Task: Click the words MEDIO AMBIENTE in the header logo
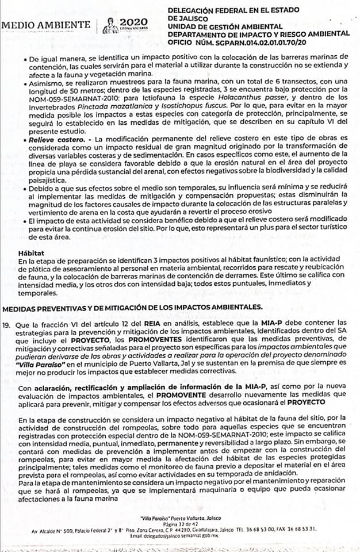[46, 25]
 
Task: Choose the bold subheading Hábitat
[29, 252]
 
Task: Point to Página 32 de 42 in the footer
[179, 524]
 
